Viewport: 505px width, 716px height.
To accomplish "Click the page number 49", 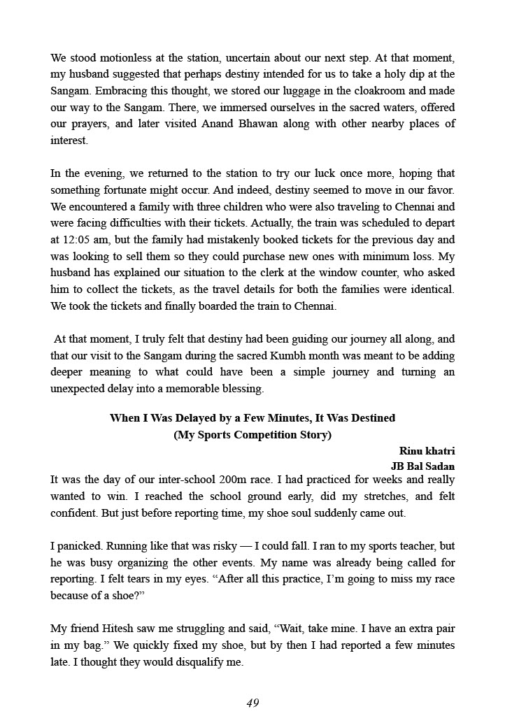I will coord(252,703).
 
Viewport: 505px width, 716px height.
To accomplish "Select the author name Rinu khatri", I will coord(427,451).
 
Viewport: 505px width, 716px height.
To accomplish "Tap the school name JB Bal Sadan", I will coord(422,466).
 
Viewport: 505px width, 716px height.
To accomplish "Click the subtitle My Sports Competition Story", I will coord(252,434).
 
